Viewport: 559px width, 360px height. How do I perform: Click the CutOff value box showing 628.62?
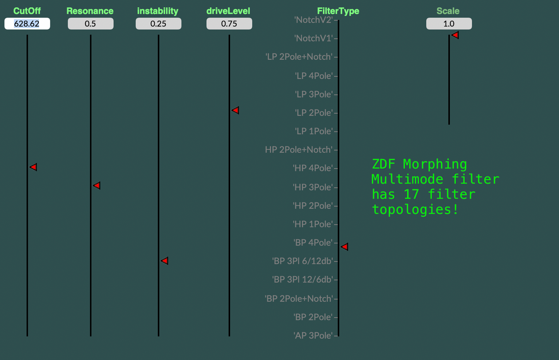click(27, 24)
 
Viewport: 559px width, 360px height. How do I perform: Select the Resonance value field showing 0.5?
click(91, 24)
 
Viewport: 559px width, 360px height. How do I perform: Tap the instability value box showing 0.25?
click(158, 24)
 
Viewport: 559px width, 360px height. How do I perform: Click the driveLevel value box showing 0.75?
click(229, 24)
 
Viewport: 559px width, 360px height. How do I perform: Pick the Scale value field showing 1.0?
click(449, 24)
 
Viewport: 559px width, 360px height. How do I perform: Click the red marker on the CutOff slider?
click(34, 167)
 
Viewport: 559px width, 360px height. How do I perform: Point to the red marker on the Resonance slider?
click(97, 186)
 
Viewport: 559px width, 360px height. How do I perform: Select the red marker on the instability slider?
click(165, 261)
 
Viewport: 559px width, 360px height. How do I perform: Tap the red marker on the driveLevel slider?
click(236, 111)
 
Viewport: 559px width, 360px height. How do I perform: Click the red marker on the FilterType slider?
click(345, 247)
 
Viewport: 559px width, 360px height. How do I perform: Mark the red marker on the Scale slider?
click(455, 35)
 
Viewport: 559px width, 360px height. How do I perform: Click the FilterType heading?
click(338, 11)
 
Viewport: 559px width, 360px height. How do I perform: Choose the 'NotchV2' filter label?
click(313, 20)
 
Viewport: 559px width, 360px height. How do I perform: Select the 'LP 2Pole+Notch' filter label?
click(299, 57)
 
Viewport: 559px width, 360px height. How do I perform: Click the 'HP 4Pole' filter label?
click(313, 168)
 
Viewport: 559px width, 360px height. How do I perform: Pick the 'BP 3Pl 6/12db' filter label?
click(303, 261)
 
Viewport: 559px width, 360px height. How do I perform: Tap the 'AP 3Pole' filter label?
click(313, 335)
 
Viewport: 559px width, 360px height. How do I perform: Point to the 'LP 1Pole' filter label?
click(314, 131)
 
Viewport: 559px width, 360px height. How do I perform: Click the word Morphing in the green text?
click(435, 164)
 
